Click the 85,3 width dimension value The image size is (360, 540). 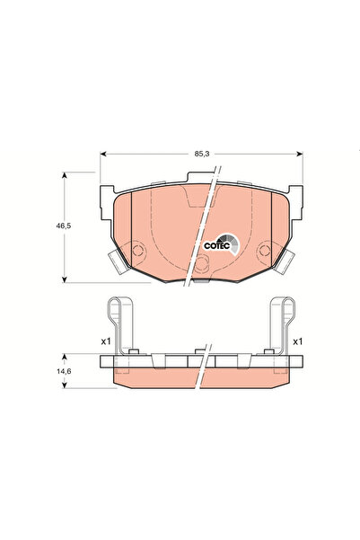click(202, 154)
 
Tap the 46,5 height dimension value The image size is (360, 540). click(64, 226)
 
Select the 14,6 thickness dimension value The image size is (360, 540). click(64, 371)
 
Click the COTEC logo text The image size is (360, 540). click(216, 246)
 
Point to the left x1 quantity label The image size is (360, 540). click(105, 341)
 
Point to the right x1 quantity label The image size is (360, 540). click(297, 341)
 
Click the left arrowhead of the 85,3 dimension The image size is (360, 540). click(103, 154)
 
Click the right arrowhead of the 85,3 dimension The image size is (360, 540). click(300, 154)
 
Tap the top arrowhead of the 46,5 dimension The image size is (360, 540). click(64, 175)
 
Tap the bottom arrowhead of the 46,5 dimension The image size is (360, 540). click(64, 279)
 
